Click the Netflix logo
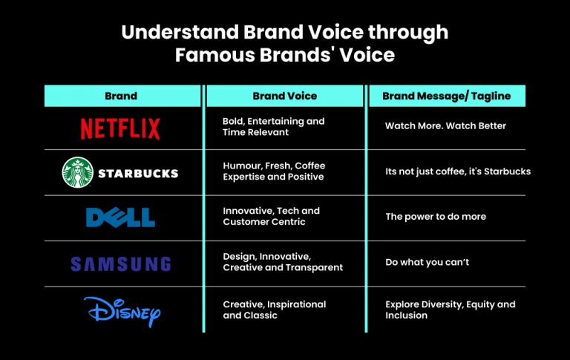pos(120,128)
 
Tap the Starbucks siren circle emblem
pos(76,173)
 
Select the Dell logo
pos(120,217)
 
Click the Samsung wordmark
pos(120,264)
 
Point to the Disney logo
pos(122,310)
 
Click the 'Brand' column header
pos(121,96)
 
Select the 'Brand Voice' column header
pos(284,96)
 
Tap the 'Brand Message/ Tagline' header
pos(447,96)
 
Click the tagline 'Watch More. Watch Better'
pos(445,126)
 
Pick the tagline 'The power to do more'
pos(436,217)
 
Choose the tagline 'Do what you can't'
pos(427,262)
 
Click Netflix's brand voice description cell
pos(273,126)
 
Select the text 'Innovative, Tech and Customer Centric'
pos(271,216)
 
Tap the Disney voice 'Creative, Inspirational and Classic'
pos(274,310)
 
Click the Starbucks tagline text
pos(457,171)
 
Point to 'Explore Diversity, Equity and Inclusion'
pos(450,310)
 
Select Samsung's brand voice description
pos(282,262)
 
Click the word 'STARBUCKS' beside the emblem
pos(138,174)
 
